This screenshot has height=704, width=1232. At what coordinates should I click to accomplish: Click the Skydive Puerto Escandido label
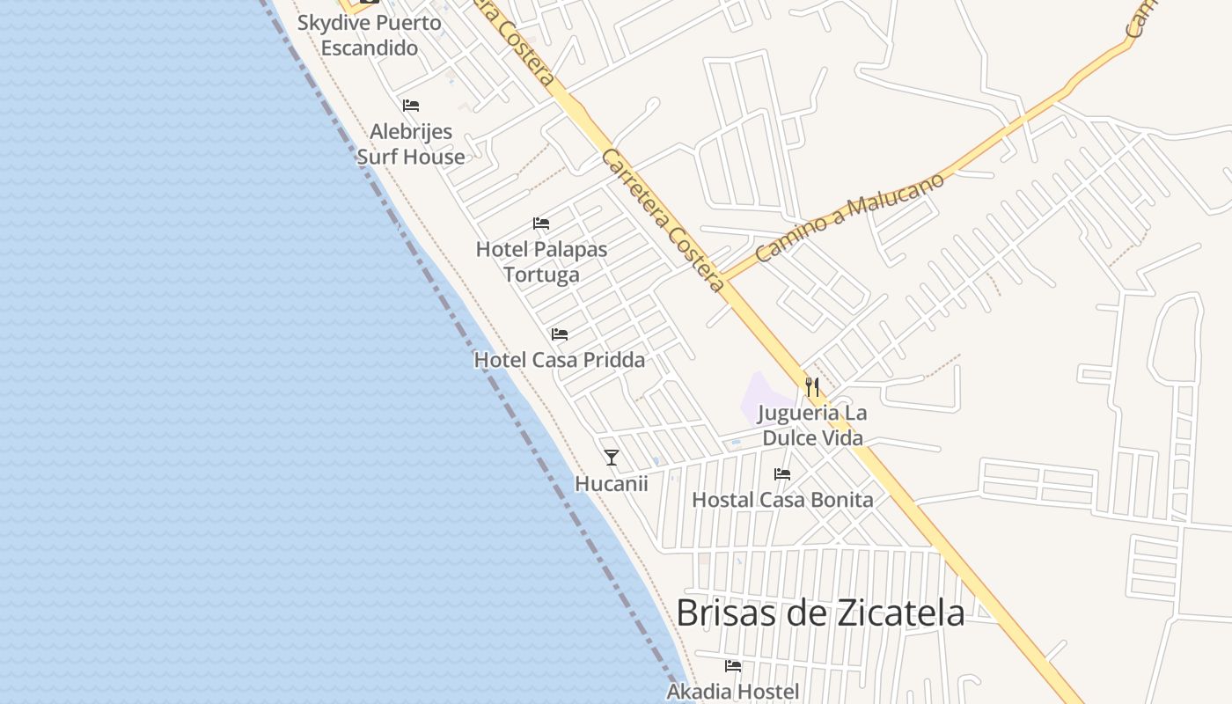369,35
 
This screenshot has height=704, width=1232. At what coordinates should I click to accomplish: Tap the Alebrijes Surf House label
411,144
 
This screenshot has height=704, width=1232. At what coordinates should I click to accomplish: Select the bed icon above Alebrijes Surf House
411,106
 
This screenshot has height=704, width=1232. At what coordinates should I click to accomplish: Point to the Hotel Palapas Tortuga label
541,261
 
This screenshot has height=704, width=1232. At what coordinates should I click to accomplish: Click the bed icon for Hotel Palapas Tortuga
541,224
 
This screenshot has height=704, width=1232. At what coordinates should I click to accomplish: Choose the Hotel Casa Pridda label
559,360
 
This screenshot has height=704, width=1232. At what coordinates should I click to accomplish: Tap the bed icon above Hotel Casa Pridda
559,334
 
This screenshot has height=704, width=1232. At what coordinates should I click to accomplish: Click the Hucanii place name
611,483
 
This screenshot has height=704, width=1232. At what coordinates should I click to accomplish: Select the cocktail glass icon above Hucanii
612,458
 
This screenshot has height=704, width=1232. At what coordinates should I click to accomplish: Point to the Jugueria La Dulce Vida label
812,425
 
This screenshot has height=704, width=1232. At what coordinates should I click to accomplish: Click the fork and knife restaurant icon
811,386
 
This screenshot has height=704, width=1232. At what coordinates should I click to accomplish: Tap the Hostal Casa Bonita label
782,500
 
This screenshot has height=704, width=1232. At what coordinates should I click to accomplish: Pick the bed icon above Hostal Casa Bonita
782,474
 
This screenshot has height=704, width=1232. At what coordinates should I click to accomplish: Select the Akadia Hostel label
732,692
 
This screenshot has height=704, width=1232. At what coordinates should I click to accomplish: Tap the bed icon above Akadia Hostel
732,666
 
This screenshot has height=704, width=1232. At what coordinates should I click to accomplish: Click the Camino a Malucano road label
849,217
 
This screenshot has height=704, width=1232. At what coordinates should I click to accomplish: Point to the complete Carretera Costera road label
663,220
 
